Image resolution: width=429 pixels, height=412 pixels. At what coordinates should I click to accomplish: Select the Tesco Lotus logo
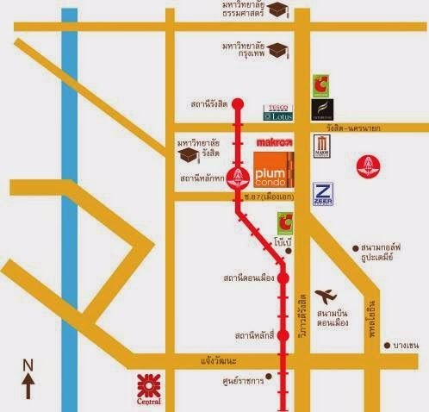[279, 113]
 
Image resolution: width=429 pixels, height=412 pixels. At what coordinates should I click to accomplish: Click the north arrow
[28, 378]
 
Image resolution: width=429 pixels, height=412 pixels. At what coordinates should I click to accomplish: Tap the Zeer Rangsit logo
[324, 195]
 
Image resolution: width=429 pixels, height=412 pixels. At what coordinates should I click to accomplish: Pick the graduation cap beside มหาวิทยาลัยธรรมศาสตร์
[277, 9]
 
